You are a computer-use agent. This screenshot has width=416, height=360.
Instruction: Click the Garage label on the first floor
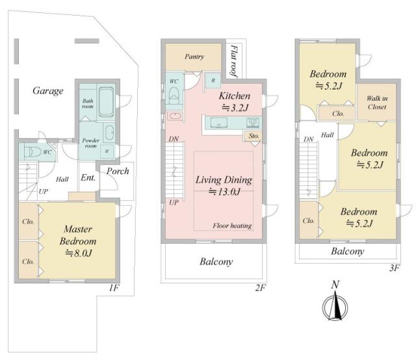click(48, 91)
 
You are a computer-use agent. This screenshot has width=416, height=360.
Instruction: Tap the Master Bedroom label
click(78, 235)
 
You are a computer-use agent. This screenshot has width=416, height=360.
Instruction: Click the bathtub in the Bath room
click(106, 101)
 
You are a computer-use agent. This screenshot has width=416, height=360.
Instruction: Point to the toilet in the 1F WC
click(32, 152)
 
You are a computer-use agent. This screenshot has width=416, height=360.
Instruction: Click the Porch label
click(118, 171)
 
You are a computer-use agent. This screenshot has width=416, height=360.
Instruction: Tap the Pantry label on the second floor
click(194, 57)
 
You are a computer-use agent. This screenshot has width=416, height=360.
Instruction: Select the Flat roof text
click(234, 61)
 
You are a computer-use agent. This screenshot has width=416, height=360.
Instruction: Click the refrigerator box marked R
click(213, 80)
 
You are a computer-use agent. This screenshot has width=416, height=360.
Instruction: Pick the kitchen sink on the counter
click(218, 123)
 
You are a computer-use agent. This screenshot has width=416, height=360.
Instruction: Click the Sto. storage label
click(253, 136)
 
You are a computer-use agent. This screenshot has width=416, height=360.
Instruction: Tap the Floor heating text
click(232, 225)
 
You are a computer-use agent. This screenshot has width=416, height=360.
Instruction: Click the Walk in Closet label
click(377, 103)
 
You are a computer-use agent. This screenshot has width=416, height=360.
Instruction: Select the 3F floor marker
click(395, 268)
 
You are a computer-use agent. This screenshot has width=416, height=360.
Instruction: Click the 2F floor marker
click(260, 288)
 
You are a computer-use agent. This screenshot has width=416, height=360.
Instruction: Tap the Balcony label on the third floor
click(348, 251)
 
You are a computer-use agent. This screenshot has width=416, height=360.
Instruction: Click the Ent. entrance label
click(88, 177)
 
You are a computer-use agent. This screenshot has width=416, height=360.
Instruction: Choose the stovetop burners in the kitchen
click(253, 123)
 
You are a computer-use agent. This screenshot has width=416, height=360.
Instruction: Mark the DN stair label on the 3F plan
click(309, 139)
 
